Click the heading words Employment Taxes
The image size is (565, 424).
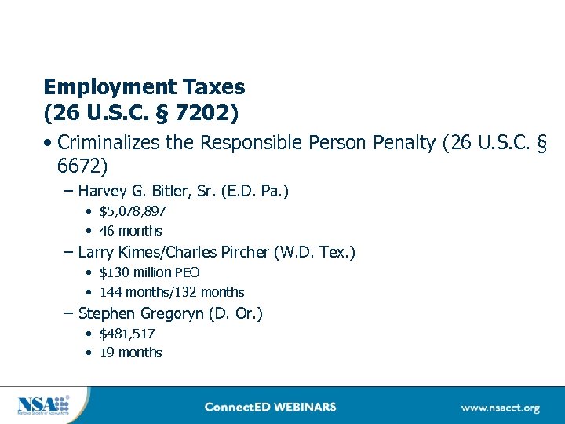coord(144,86)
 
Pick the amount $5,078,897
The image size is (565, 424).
coord(132,211)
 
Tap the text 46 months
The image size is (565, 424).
coord(130,231)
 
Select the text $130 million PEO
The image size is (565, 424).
coord(149,272)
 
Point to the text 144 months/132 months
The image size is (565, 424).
coord(172,292)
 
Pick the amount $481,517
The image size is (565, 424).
coord(127,334)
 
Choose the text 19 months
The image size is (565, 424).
coord(130,353)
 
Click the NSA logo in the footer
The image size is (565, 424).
coord(43,405)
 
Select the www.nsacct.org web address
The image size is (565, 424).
coord(500,408)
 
